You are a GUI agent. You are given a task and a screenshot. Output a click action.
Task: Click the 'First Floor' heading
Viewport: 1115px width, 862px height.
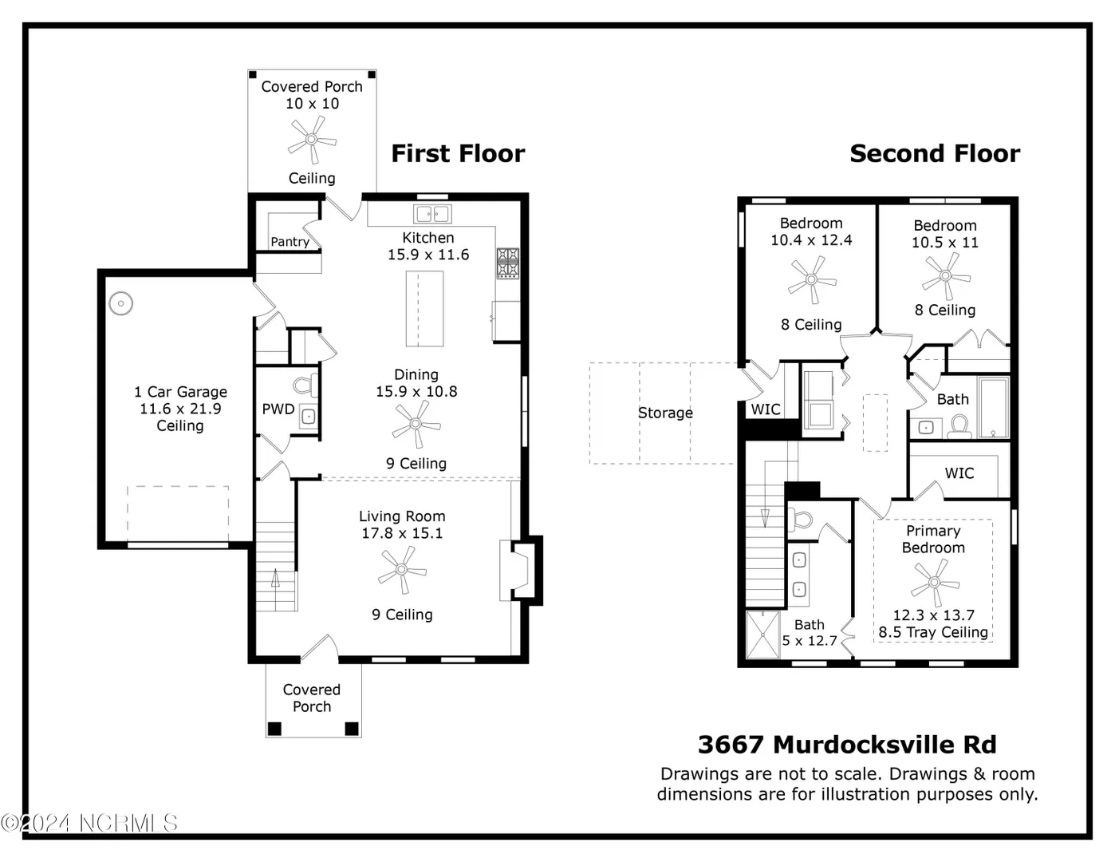tap(458, 153)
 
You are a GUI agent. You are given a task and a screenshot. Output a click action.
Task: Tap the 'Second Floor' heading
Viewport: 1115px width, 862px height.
tap(935, 153)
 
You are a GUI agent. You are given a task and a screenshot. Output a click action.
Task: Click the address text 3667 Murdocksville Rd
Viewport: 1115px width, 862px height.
tap(847, 745)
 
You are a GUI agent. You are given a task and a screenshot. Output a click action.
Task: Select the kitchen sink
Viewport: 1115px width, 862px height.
tap(432, 214)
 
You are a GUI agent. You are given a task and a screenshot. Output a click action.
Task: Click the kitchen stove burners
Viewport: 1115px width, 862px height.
tap(508, 263)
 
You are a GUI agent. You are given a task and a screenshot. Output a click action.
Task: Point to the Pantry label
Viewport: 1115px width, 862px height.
tap(290, 241)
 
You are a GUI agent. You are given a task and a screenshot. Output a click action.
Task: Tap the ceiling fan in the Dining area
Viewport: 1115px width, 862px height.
tap(416, 424)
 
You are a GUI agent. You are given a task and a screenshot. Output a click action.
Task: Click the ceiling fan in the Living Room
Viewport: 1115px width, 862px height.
tap(402, 569)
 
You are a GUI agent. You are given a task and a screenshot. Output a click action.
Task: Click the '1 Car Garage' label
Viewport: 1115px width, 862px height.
tap(180, 392)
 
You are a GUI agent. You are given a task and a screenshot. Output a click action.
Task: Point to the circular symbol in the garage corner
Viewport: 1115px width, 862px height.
tap(121, 303)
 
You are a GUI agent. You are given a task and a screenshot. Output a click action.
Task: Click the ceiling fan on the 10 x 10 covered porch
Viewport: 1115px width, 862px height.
tap(312, 139)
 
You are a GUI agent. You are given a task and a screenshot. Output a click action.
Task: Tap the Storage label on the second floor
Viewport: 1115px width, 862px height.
tap(665, 413)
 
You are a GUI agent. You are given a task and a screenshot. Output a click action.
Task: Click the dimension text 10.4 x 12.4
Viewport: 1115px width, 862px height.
tap(811, 239)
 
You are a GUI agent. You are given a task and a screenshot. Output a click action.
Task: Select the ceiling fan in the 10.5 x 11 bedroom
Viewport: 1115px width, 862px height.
tap(946, 276)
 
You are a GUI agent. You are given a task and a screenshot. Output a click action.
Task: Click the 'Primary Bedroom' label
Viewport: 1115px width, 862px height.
tap(933, 539)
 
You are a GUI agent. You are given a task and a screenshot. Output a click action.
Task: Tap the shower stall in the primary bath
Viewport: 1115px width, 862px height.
tap(763, 635)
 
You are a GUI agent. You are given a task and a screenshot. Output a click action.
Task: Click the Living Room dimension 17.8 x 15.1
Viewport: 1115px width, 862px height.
tap(402, 533)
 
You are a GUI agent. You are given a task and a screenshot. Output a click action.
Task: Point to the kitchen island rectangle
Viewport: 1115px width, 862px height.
tap(425, 309)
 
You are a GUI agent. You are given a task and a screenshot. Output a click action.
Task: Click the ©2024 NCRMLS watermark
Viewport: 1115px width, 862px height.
tap(89, 824)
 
